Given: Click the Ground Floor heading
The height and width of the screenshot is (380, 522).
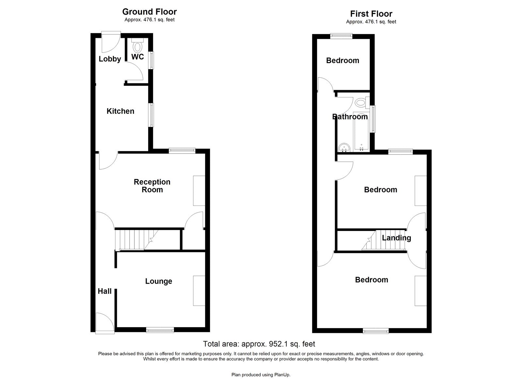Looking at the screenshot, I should click(x=149, y=12).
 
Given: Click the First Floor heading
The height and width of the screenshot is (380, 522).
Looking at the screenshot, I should click(x=371, y=14).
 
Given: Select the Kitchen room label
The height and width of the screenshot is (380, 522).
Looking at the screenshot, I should click(x=120, y=111).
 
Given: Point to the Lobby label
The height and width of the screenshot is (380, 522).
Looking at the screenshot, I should click(x=110, y=59).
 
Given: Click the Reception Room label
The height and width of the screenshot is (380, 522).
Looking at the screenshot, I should click(x=152, y=186).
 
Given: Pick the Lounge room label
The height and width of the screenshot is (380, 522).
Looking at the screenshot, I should click(x=159, y=281).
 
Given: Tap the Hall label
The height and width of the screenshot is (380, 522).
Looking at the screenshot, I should click(x=105, y=291).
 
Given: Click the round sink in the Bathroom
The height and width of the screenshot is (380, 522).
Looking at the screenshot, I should click(x=344, y=148).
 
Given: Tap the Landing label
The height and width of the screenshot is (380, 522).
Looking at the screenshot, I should click(x=396, y=238).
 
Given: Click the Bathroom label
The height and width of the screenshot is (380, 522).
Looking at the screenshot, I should click(x=350, y=117).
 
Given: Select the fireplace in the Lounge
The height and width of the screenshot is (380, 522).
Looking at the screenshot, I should click(x=199, y=291).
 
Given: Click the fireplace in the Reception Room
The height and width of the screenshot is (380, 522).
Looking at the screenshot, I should click(x=199, y=191).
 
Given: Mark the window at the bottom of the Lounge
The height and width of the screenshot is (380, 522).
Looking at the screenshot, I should click(x=160, y=330).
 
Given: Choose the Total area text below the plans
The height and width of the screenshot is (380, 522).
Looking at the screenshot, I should click(x=259, y=344).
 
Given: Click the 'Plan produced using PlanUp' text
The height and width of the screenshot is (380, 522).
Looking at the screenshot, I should click(x=261, y=375).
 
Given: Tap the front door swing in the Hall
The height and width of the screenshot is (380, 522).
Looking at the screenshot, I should click(x=104, y=322).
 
